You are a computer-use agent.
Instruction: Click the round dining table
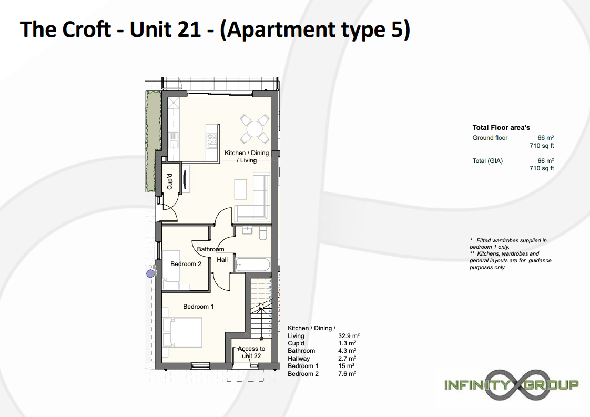(255, 129)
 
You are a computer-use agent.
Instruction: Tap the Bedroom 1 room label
(198, 307)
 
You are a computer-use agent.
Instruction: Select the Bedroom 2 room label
(186, 264)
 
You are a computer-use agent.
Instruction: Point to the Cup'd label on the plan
(170, 181)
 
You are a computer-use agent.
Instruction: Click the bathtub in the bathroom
(252, 265)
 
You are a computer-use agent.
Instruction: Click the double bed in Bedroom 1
(182, 333)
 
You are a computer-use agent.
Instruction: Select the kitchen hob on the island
(212, 139)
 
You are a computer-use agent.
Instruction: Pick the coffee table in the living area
(240, 189)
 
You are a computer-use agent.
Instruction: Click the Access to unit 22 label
(251, 352)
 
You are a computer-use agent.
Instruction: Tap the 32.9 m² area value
(349, 335)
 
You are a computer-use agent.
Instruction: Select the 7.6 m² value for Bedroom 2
(347, 374)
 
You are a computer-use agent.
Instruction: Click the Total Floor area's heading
(501, 128)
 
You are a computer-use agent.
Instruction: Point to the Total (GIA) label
(487, 161)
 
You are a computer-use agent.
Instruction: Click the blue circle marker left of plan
(150, 273)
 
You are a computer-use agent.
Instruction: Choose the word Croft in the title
(87, 29)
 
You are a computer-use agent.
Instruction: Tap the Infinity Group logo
(511, 384)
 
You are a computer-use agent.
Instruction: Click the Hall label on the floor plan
(222, 260)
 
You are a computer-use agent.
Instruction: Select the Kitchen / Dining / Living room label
(247, 157)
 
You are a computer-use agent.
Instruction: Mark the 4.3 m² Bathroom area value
(347, 351)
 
